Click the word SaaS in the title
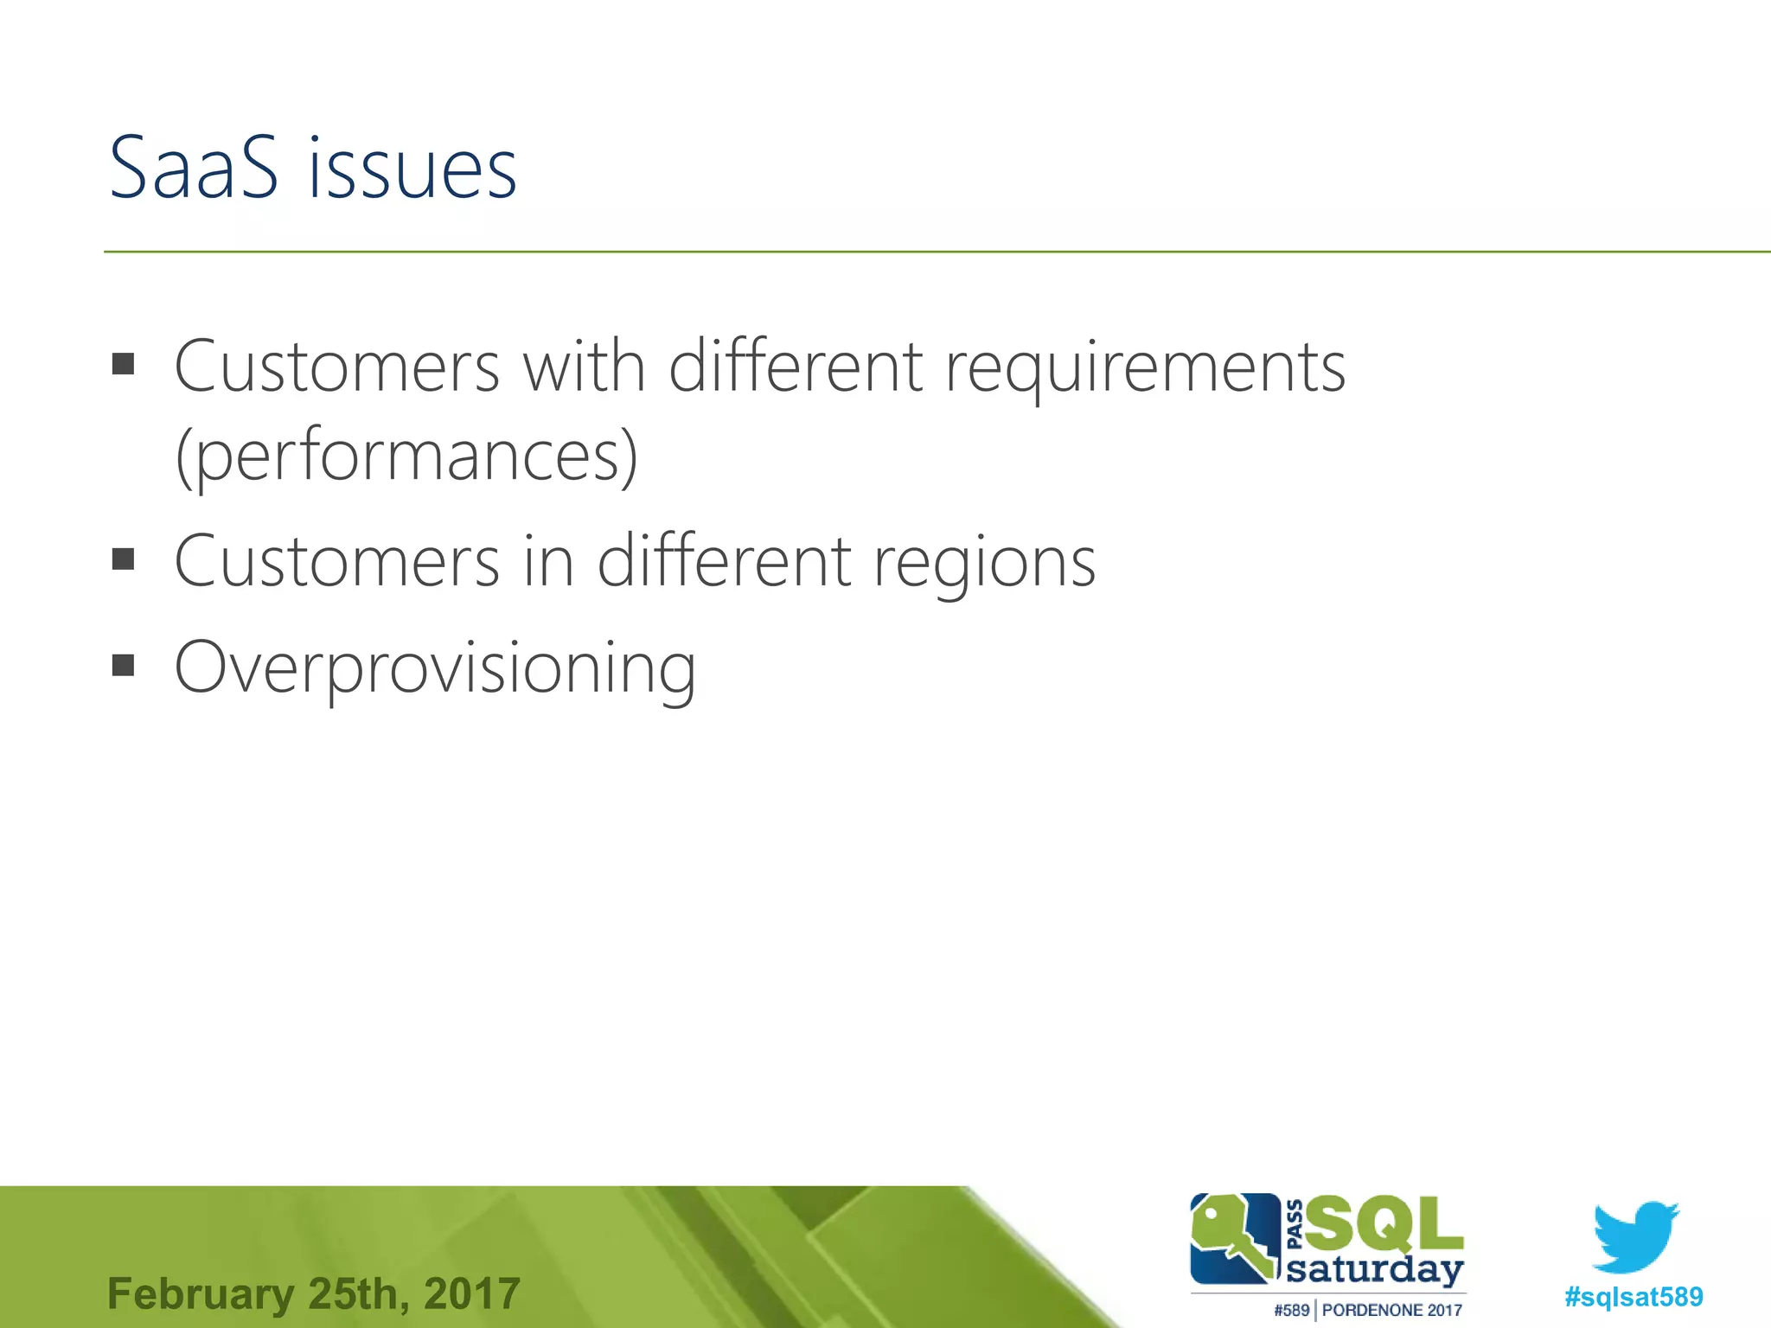(x=194, y=168)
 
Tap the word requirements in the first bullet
(x=1145, y=368)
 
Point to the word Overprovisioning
(x=435, y=669)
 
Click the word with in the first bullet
(x=585, y=367)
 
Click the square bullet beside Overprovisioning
(x=124, y=665)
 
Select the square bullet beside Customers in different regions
(x=124, y=559)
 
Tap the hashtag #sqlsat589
(x=1634, y=1297)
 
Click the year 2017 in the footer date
(x=472, y=1294)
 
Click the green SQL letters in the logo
(x=1384, y=1224)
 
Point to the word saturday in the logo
(x=1374, y=1270)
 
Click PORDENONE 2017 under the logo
(x=1391, y=1311)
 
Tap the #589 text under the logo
(x=1291, y=1311)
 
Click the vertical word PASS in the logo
(x=1295, y=1223)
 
